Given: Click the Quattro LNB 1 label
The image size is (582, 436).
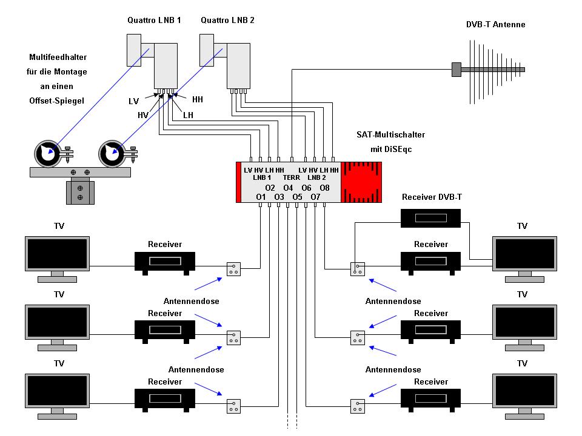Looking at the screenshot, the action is coord(154,21).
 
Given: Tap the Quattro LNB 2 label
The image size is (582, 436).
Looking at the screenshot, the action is coord(227,21).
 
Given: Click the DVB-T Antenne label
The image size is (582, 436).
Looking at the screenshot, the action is coord(495,24).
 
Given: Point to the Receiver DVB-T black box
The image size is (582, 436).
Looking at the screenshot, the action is coord(430,218).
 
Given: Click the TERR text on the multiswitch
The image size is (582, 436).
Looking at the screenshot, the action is coord(292,178).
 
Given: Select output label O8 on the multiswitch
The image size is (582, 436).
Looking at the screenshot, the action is coord(325,188).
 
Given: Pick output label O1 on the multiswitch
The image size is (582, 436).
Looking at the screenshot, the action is coord(261,197).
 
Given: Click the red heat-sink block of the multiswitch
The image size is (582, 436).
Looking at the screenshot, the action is coord(361,182).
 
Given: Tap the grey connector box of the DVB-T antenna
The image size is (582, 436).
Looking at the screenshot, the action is coord(456,69).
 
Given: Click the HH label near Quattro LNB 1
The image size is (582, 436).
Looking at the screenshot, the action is coord(198,99).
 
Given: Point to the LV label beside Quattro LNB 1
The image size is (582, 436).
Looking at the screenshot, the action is coord(133,101).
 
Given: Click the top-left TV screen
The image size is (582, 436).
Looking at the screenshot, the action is coord(57,254).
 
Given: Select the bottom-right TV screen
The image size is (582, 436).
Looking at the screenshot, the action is coord(524,391).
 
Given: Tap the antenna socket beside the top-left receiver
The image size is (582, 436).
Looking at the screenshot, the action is coord(233,269).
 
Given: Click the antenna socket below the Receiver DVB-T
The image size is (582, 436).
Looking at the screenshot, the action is coord(358,269).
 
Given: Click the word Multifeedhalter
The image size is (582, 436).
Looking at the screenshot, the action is coord(58,57).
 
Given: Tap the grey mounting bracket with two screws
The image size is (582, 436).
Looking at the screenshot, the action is coord(80,193).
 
